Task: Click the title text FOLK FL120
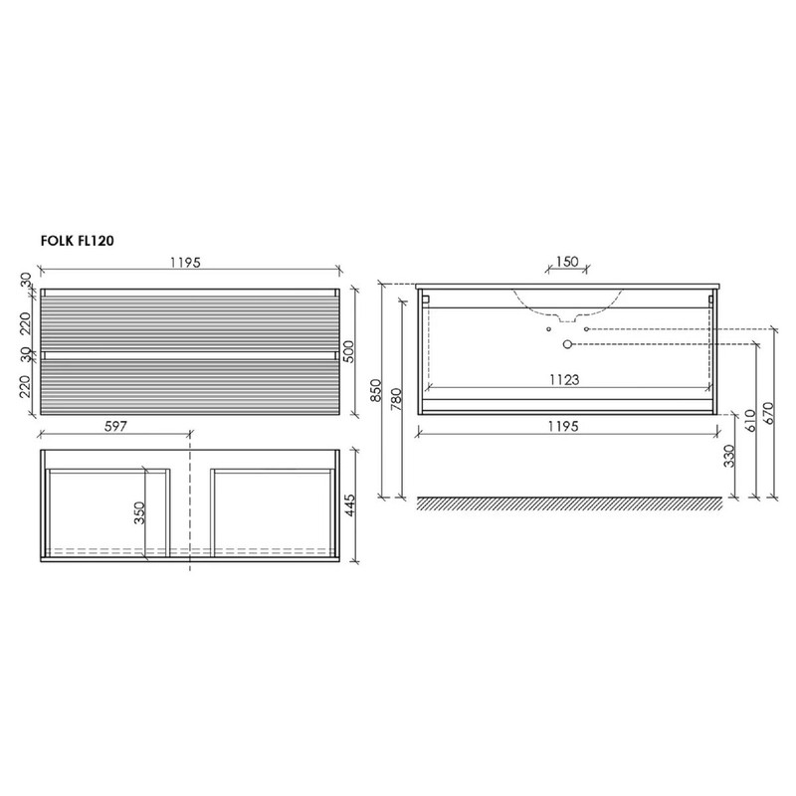coord(78,240)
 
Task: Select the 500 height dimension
coord(349,351)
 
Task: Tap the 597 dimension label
coord(115,427)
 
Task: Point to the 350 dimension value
coord(139,512)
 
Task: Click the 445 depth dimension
coord(349,505)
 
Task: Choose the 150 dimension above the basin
coord(567,262)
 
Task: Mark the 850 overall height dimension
coord(376,390)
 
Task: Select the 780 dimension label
coord(396,399)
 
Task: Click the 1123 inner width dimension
coord(564,379)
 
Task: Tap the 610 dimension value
coord(750,420)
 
